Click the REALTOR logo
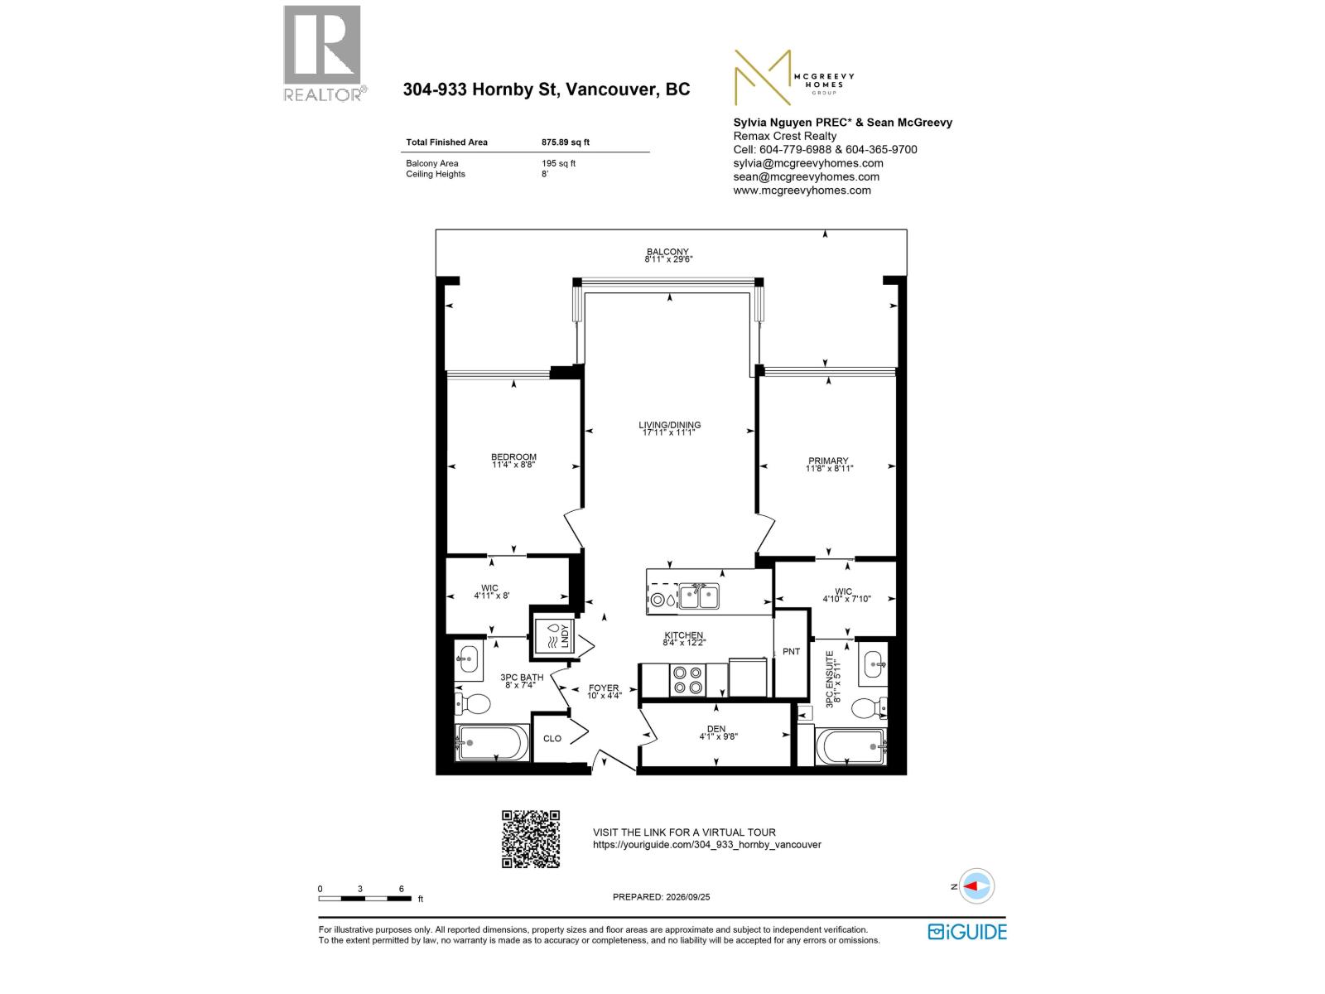[324, 53]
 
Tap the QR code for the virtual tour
[530, 838]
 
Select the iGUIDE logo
[966, 931]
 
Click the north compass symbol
[976, 886]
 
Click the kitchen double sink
[698, 596]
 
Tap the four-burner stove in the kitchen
[687, 679]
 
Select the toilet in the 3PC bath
[473, 703]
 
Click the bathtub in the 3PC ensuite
[850, 746]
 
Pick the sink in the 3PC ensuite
[874, 664]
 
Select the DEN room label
[716, 728]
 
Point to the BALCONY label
[667, 252]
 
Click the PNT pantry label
[791, 652]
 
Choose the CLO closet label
[552, 738]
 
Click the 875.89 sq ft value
[565, 142]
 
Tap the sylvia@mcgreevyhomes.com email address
[807, 163]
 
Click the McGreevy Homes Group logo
[793, 77]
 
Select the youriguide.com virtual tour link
[707, 844]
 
